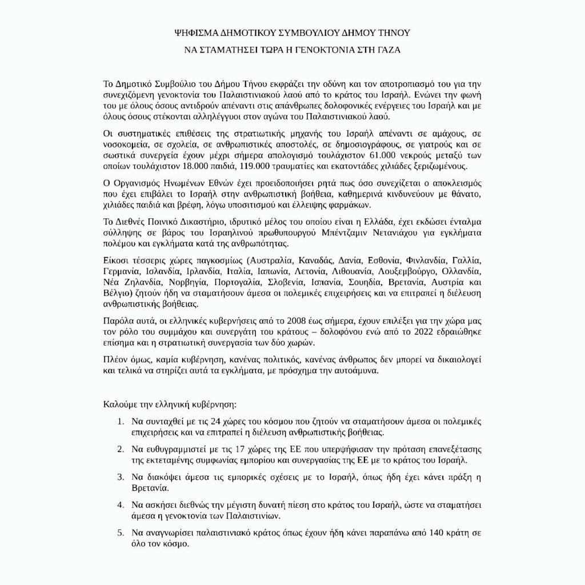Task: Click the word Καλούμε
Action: (119, 405)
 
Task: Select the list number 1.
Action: (119, 422)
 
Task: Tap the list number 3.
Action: (119, 476)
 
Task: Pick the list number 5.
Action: (119, 532)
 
